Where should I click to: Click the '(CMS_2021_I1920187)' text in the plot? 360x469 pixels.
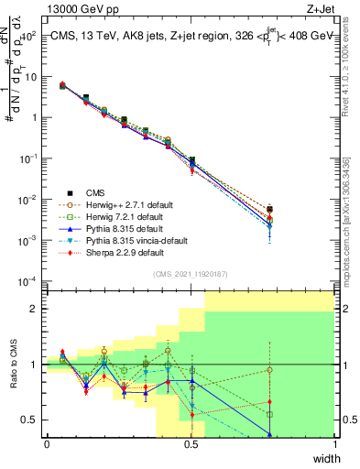[191, 273]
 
